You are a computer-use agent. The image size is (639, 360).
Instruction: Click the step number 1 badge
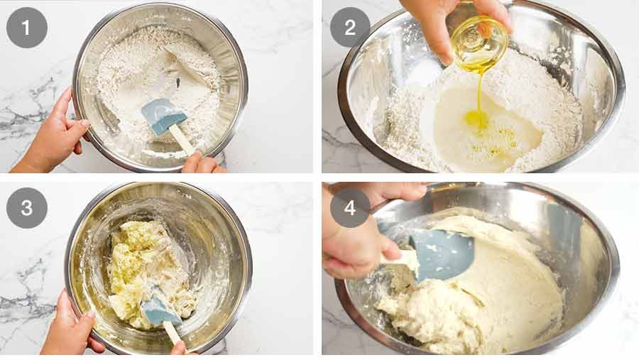click(27, 28)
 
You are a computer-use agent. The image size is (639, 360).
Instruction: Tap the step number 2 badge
click(350, 28)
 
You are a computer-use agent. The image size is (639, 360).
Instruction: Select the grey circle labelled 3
click(27, 208)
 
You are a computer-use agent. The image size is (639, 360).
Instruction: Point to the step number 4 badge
click(350, 208)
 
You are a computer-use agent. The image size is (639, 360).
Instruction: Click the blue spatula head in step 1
click(162, 115)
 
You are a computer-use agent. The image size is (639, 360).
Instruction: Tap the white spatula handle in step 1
click(182, 140)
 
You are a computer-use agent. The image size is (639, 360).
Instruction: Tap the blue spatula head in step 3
click(159, 309)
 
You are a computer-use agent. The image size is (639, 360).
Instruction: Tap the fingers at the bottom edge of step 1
click(202, 165)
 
